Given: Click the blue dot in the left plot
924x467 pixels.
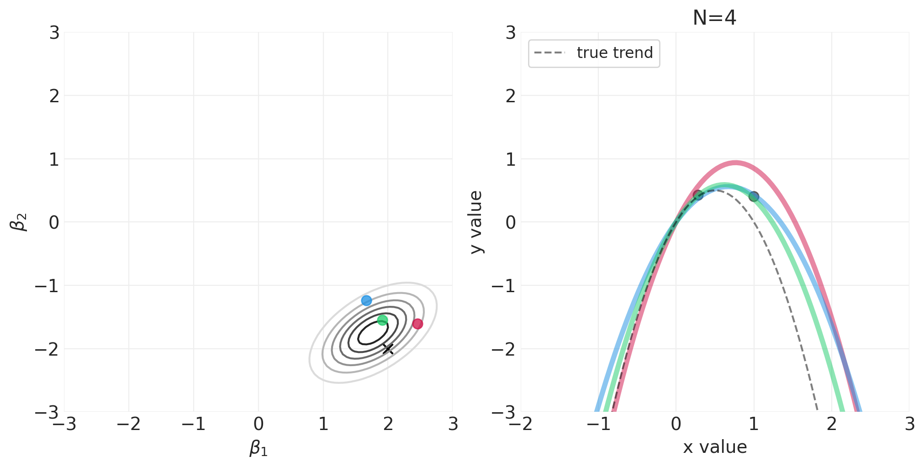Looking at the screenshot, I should [366, 300].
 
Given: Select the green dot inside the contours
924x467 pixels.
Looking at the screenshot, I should [382, 320].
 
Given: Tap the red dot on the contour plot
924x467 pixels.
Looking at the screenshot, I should [417, 324].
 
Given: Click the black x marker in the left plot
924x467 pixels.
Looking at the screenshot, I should [388, 349].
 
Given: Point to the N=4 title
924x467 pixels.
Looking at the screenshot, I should [714, 18].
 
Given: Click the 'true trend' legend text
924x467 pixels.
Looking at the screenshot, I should [615, 53].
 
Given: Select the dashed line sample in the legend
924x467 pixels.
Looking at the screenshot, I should [549, 53].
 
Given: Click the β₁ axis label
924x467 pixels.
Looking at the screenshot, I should [259, 448].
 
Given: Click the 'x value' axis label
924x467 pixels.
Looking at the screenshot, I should [715, 447].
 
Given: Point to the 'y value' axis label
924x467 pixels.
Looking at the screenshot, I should [476, 222].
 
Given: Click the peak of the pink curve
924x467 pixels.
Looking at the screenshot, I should [735, 162].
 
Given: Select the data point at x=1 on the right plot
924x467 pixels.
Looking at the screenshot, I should [754, 196].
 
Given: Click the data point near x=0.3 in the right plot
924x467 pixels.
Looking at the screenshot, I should [698, 195].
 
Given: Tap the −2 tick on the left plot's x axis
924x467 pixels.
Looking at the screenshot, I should [129, 425].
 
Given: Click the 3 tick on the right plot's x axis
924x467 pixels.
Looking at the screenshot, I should [909, 425].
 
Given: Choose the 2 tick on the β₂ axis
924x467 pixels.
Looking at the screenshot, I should [54, 96].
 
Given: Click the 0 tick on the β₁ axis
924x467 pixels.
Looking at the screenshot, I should [259, 425].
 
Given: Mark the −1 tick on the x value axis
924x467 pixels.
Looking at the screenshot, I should [598, 425].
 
